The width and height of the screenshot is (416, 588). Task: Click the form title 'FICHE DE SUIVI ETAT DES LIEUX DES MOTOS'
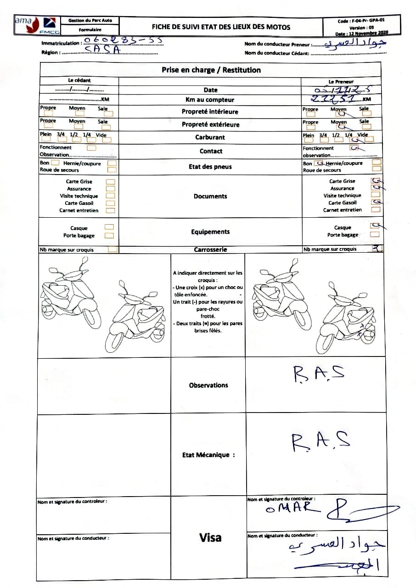point(221,27)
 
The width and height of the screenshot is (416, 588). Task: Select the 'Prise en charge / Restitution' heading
point(211,70)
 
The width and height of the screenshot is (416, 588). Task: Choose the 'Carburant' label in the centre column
point(210,137)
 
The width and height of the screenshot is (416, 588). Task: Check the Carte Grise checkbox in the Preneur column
point(376,181)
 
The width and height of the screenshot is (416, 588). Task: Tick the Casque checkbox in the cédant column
point(109,227)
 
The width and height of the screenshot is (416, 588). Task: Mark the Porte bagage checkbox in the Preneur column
point(375,234)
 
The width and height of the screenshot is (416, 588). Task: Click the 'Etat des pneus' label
point(210,167)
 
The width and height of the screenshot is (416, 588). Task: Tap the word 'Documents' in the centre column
point(210,196)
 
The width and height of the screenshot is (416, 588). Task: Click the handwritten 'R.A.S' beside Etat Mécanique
point(320,441)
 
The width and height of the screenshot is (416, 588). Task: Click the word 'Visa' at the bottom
point(210,537)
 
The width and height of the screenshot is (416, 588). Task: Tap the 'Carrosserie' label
point(210,250)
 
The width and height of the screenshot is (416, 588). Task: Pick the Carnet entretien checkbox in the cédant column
point(110,210)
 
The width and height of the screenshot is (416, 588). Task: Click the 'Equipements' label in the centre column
point(210,232)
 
